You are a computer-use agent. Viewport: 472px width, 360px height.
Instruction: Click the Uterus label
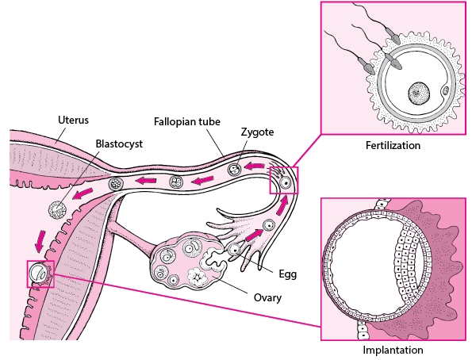(73, 120)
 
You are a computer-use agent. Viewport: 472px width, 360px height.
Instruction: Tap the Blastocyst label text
(119, 144)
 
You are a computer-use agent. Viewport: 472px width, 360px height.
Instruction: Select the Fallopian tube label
(187, 121)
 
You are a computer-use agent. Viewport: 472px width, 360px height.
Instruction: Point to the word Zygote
(257, 132)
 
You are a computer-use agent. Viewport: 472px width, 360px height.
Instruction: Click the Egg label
(287, 274)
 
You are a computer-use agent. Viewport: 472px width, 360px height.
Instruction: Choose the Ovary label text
(267, 297)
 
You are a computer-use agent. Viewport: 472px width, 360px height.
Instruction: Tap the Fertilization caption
(393, 145)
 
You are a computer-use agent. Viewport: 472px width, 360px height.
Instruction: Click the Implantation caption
(393, 350)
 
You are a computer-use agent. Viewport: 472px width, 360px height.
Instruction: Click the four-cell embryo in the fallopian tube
(176, 182)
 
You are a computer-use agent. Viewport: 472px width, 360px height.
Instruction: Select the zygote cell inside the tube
(234, 170)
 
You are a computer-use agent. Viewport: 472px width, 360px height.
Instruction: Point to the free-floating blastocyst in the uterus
(57, 210)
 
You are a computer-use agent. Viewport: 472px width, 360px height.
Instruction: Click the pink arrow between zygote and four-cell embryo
(203, 181)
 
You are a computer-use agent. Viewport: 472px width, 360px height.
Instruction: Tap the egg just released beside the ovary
(234, 249)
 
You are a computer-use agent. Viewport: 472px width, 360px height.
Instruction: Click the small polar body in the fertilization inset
(446, 90)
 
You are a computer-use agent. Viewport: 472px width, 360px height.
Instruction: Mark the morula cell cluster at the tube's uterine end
(116, 182)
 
